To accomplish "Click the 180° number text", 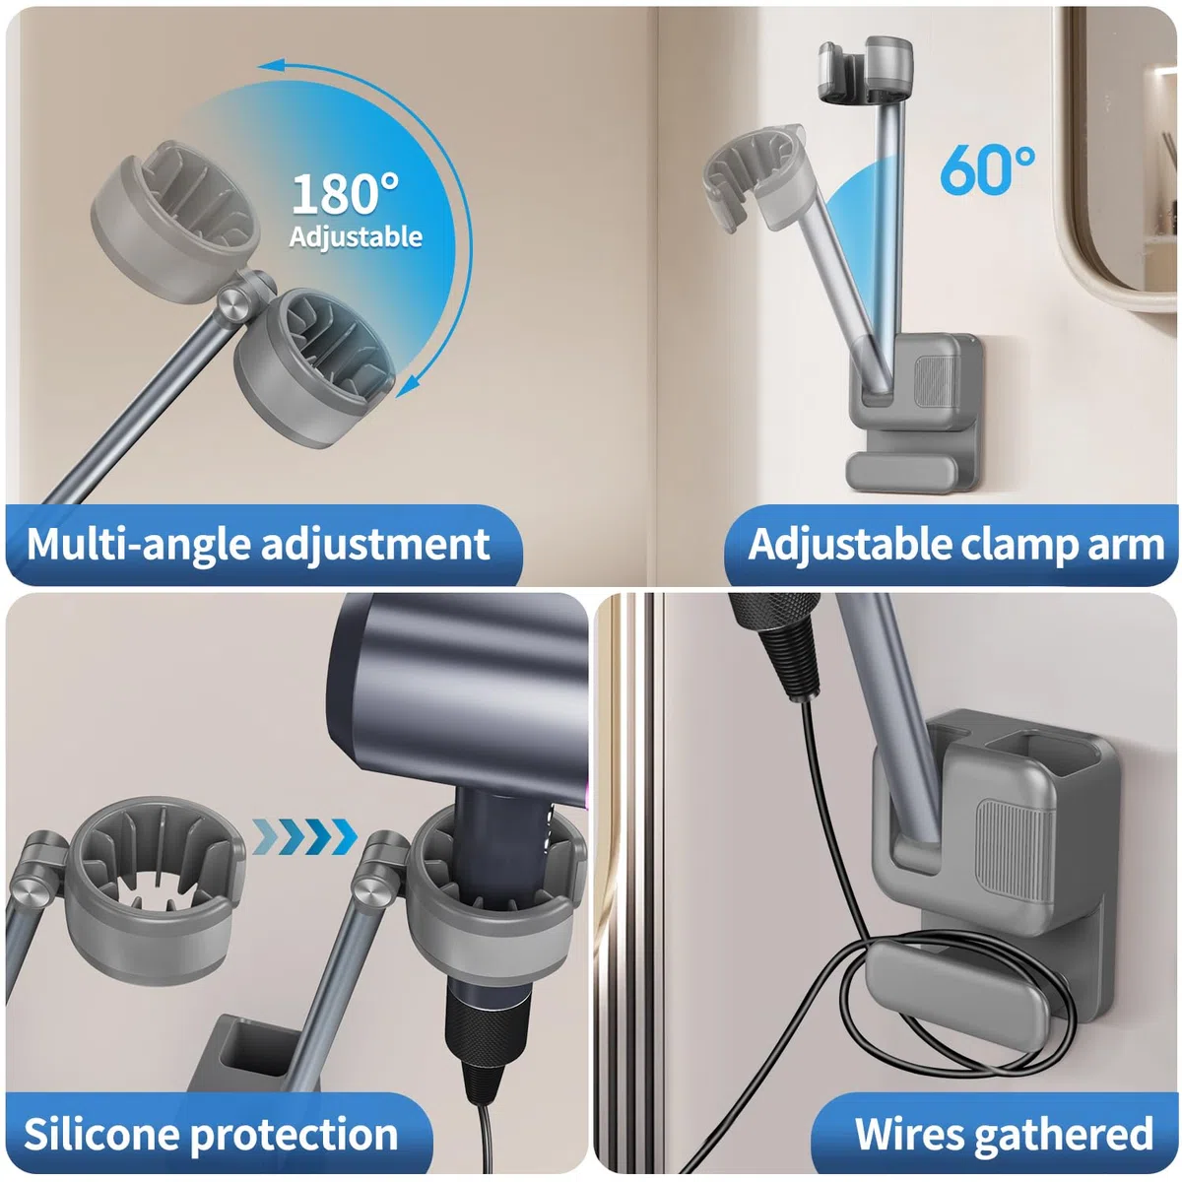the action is (x=345, y=194).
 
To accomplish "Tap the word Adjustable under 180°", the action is (x=356, y=236).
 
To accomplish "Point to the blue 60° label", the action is (x=987, y=169).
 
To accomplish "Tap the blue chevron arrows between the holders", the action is (x=304, y=836).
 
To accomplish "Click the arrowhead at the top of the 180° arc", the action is (x=271, y=66).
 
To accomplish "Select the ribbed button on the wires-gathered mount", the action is (x=1014, y=851).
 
